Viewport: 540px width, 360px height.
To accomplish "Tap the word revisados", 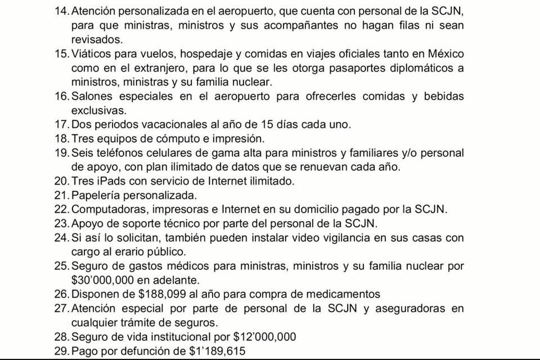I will (x=96, y=40).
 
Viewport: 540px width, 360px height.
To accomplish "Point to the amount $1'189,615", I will (x=217, y=351).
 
